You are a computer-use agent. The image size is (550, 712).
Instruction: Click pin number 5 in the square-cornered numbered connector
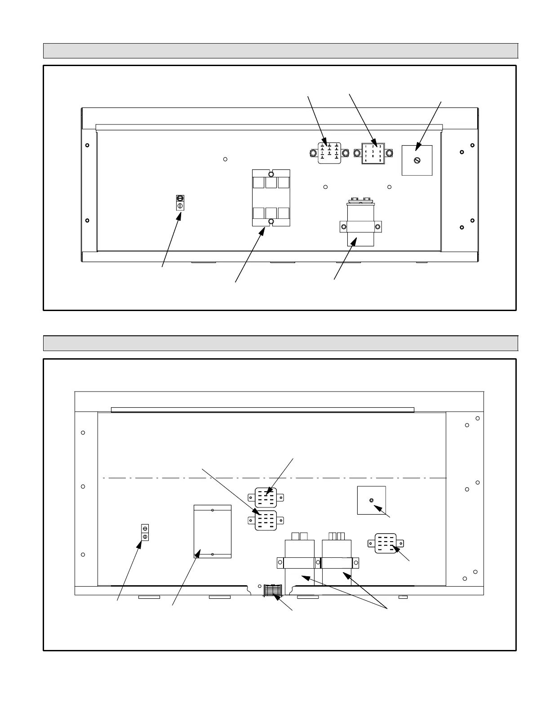pyautogui.click(x=373, y=151)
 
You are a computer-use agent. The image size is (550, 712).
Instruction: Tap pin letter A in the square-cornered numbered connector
pyautogui.click(x=366, y=160)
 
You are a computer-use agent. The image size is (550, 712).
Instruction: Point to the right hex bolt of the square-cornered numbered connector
pyautogui.click(x=390, y=153)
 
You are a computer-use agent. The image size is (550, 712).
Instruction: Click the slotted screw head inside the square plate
pyautogui.click(x=417, y=160)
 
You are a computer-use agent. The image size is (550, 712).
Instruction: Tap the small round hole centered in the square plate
pyautogui.click(x=371, y=500)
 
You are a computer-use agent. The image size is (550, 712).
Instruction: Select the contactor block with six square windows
pyautogui.click(x=271, y=198)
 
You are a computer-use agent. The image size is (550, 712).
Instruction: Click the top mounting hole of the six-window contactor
pyautogui.click(x=271, y=174)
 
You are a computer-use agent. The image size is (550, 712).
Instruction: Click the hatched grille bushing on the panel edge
pyautogui.click(x=272, y=590)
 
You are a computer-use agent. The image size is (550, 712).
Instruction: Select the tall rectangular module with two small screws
pyautogui.click(x=212, y=531)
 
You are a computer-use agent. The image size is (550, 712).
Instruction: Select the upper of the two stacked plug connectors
pyautogui.click(x=266, y=498)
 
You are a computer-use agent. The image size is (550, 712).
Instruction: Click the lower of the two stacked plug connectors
pyautogui.click(x=266, y=520)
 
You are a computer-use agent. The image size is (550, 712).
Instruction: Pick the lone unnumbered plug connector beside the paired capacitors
pyautogui.click(x=386, y=543)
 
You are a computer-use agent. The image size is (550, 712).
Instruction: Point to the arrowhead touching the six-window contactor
pyautogui.click(x=263, y=230)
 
